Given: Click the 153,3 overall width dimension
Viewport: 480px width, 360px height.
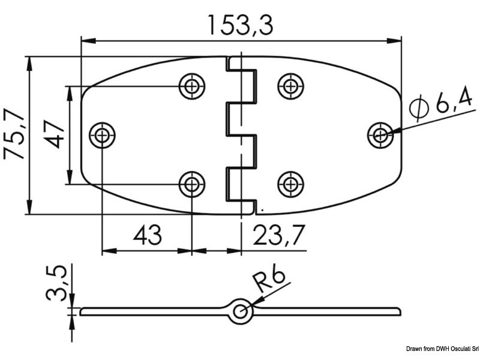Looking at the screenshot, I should pos(241,25).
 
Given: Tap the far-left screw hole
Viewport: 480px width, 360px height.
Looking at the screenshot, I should pos(103,135).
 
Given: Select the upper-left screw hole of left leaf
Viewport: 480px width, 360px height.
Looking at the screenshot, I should pos(191,86).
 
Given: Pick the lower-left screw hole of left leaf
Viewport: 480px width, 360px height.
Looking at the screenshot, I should pos(191,184).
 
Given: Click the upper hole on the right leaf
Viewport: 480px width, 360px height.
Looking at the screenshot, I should pos(290,86).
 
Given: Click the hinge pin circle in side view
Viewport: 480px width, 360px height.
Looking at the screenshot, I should pos(241,311).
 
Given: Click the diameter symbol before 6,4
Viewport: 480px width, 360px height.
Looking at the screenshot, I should pos(418,109).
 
